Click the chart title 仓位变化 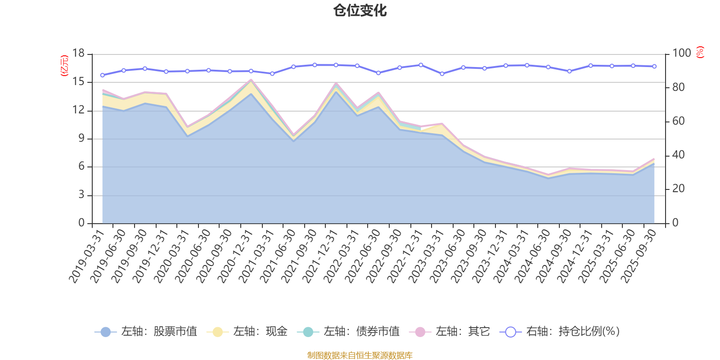[360, 10]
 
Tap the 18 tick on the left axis [78, 54]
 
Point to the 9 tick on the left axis [81, 139]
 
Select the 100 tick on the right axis [681, 54]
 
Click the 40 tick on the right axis [678, 155]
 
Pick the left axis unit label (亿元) [64, 66]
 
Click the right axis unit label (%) [700, 53]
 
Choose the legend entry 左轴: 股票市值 [146, 332]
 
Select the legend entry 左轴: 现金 [247, 332]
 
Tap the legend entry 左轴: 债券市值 [349, 332]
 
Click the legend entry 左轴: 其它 [450, 332]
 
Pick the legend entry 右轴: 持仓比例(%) [560, 332]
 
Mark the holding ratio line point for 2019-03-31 [102, 75]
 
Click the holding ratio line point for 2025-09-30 [654, 67]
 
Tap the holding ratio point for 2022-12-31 [421, 65]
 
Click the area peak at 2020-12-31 [251, 81]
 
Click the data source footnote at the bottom [360, 355]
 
